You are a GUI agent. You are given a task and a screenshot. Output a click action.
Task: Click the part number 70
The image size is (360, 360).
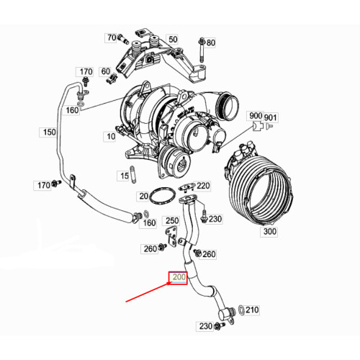pos(111,37)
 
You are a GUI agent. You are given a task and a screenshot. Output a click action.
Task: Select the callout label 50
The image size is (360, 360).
pos(172,38)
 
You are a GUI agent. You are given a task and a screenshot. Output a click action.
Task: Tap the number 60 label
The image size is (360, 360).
pos(105,71)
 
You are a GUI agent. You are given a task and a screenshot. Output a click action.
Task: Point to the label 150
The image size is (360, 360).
pos(48,132)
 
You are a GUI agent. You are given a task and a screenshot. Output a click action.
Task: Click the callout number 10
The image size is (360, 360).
pos(110,136)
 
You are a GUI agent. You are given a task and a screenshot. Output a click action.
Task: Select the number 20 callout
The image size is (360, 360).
pos(143,196)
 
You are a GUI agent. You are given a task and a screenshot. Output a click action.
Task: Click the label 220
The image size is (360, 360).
pos(203,186)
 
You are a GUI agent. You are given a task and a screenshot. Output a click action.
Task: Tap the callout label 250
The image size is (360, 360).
pos(172,220)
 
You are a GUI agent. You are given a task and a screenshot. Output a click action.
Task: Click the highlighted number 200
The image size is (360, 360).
pos(177,277)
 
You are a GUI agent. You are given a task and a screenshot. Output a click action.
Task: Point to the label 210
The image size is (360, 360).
pos(252,310)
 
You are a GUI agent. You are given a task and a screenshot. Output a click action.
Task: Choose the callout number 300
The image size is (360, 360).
pos(270,233)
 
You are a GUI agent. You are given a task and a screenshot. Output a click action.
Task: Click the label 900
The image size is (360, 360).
pos(256,116)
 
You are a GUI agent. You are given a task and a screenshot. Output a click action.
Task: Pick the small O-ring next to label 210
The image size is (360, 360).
pos(240,310)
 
